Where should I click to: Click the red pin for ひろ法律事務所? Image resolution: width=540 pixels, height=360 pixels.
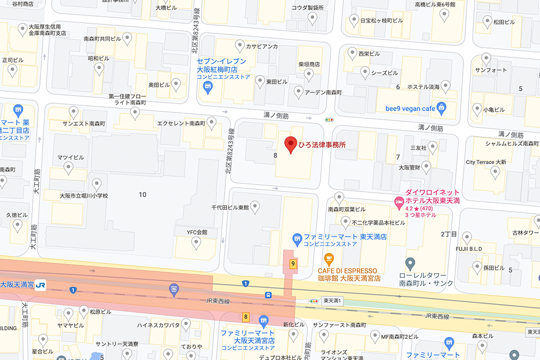pyautogui.click(x=291, y=145)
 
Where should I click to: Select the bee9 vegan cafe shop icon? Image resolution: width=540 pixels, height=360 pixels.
pyautogui.click(x=442, y=107)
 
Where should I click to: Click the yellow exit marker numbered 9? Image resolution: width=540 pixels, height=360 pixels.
pyautogui.click(x=293, y=264)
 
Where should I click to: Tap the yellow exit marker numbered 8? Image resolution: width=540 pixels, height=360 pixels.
pyautogui.click(x=246, y=317)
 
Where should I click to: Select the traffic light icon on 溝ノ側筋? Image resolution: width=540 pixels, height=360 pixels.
pyautogui.click(x=329, y=119)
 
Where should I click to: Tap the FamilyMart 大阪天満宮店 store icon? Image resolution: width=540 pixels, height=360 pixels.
pyautogui.click(x=264, y=321)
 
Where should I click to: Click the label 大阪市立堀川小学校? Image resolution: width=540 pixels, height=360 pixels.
pyautogui.click(x=84, y=195)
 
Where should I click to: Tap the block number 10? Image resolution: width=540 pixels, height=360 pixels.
pyautogui.click(x=143, y=194)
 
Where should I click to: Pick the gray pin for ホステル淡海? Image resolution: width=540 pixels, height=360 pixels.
pyautogui.click(x=446, y=85)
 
